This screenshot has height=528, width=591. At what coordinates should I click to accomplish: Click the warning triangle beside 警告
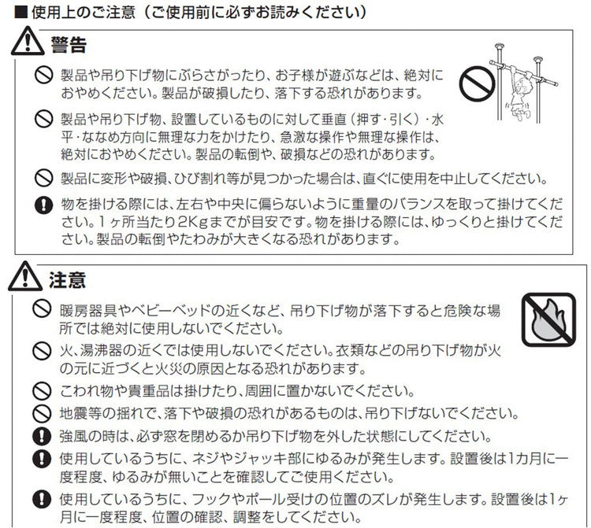tap(26, 44)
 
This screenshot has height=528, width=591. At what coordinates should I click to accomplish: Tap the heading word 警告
tap(67, 44)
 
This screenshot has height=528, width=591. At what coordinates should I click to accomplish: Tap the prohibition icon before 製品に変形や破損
tap(45, 177)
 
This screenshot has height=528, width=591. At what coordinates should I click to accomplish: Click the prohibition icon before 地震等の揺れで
tap(45, 412)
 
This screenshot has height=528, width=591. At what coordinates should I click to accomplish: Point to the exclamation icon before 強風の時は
tap(45, 435)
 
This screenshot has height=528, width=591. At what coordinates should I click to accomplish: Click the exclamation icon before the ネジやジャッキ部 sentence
tap(45, 457)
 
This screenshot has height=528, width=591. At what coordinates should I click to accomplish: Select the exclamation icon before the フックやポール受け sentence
tap(45, 498)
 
